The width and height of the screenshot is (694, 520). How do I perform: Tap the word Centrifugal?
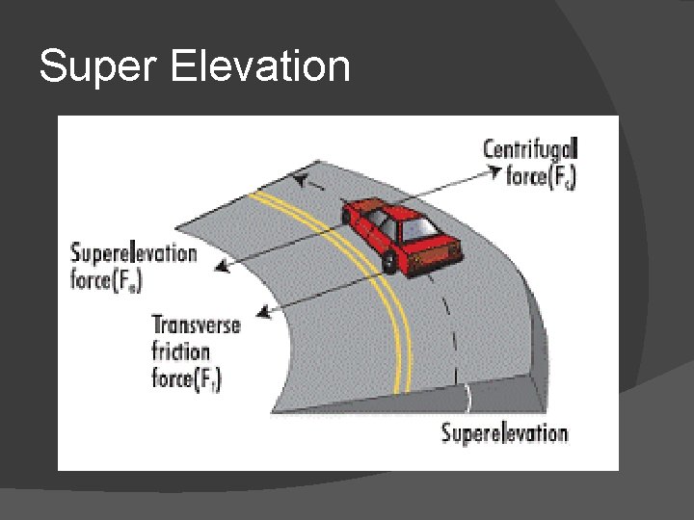point(529,149)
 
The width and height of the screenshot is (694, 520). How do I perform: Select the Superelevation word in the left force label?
point(134,254)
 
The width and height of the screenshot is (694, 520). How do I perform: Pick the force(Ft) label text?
point(187,378)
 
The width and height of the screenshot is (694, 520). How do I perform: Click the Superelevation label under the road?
point(504,432)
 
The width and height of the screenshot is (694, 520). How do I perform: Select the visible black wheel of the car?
point(388,260)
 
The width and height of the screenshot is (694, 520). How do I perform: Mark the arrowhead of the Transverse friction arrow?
point(259,310)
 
